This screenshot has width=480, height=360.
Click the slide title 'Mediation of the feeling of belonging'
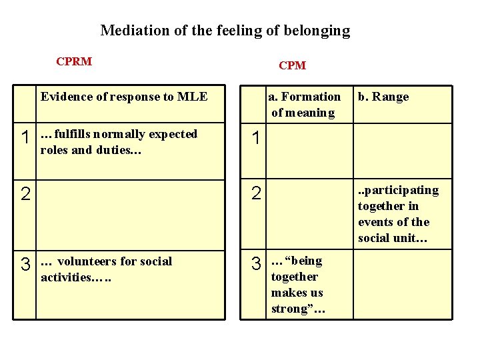point(225,30)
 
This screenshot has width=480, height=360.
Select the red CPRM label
point(74,62)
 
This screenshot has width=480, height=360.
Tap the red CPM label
point(292,65)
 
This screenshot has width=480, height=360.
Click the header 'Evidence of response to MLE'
point(124,97)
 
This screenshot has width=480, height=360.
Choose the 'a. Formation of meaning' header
point(304,105)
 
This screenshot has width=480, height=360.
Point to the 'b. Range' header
point(383,97)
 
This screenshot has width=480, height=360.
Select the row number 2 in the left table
point(25,195)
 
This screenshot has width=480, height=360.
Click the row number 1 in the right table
point(256,139)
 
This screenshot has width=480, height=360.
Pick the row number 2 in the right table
point(256,195)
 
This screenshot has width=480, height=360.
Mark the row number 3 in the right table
point(256,264)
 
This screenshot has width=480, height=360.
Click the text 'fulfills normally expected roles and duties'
point(119,142)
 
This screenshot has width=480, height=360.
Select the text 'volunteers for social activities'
point(107,269)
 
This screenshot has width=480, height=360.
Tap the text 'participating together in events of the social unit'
point(398,214)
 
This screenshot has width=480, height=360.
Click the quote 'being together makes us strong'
point(297,285)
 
